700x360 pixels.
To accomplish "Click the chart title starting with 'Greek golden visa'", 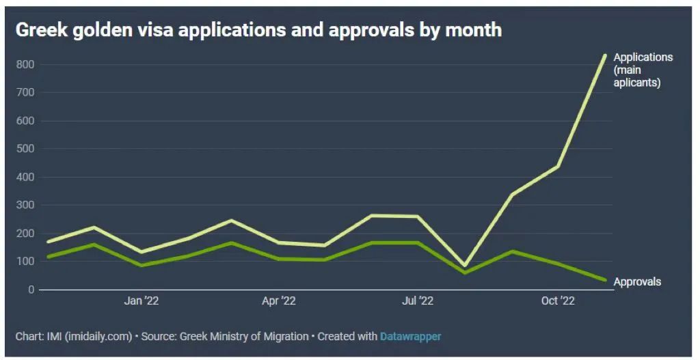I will [258, 30].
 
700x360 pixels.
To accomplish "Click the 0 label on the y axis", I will [31, 290].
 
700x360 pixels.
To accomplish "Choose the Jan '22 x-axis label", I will [142, 301].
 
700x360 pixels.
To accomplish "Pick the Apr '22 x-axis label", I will [279, 301].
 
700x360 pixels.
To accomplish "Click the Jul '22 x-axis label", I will [417, 301].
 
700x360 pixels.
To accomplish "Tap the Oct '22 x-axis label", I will [558, 301].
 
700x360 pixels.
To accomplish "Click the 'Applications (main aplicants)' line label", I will [643, 70].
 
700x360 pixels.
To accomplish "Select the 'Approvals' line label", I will [637, 281].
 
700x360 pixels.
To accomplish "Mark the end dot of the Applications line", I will [605, 56].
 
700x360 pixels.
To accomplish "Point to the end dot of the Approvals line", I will [605, 280].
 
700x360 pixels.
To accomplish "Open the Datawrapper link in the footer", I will [410, 336].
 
